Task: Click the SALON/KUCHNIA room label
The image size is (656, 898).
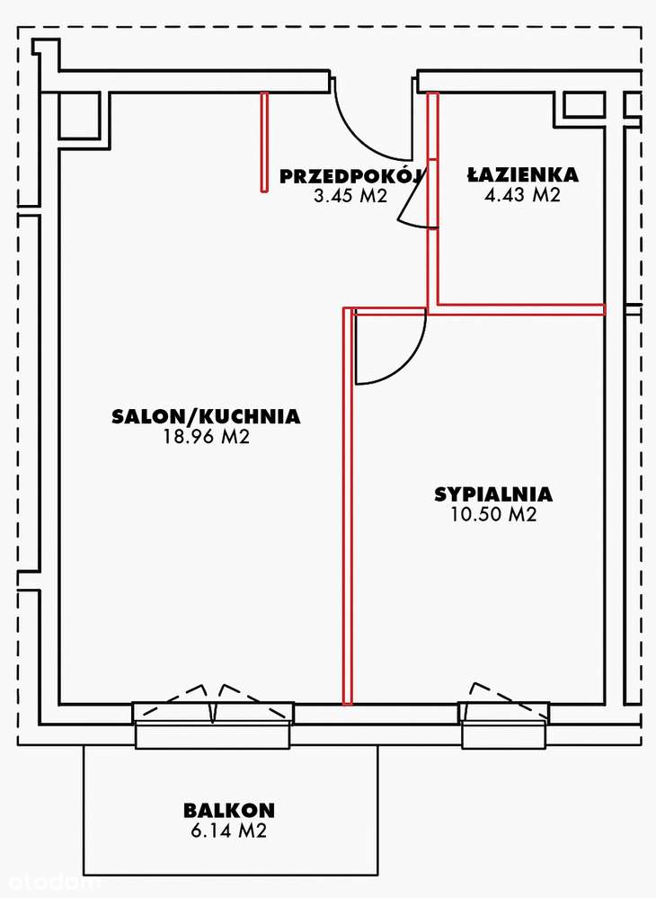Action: (206, 416)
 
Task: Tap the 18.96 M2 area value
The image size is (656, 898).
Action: (206, 438)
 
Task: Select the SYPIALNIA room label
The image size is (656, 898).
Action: (493, 494)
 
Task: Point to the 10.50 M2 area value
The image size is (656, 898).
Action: (493, 515)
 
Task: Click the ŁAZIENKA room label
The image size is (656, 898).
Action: (522, 175)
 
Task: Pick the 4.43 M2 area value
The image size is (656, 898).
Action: (522, 196)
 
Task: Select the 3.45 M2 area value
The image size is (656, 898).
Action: (350, 196)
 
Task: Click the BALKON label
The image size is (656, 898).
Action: (228, 810)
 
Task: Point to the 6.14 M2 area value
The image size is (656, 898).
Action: (228, 831)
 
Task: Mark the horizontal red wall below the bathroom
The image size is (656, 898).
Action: (521, 310)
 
